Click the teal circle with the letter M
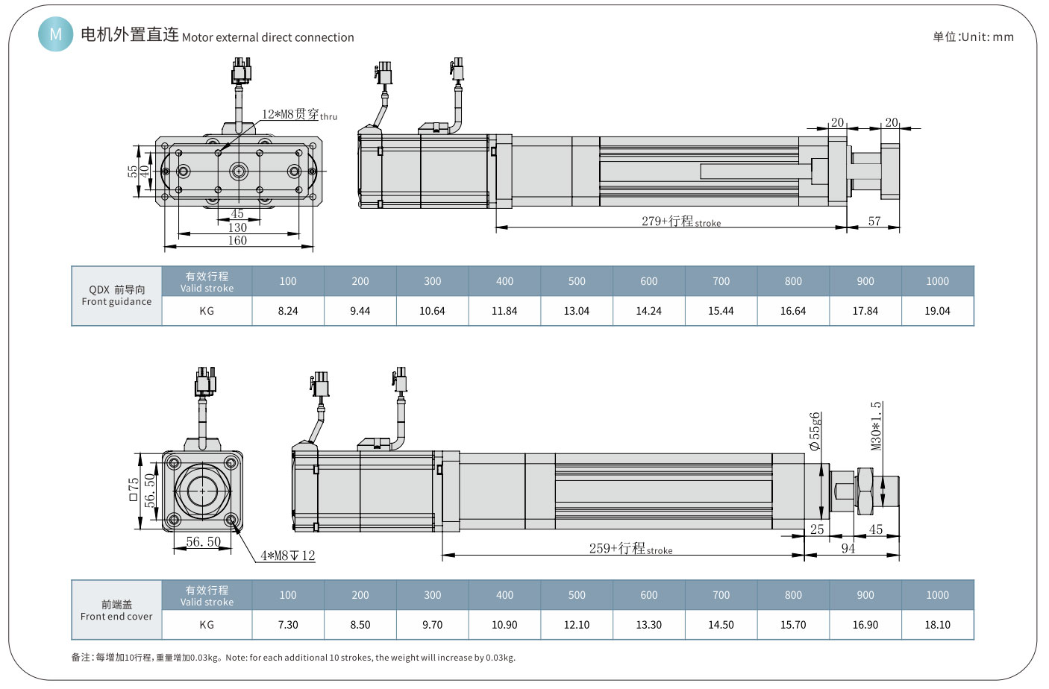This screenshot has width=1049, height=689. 55,34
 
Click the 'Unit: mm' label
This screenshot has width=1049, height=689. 973,37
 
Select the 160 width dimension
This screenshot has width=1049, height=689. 237,240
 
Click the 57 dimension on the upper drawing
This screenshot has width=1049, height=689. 874,221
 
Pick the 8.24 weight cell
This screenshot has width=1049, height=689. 288,311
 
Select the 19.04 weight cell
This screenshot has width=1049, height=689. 937,311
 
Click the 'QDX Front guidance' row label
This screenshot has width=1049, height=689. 116,296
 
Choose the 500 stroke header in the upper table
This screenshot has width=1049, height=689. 577,281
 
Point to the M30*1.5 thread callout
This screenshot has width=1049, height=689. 877,426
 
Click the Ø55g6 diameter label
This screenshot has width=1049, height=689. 815,431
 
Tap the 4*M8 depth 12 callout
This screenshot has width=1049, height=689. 287,556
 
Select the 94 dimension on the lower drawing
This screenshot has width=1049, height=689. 848,549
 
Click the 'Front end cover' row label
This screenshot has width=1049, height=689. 116,610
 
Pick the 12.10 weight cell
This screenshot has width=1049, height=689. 577,625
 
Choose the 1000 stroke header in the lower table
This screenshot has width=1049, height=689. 937,595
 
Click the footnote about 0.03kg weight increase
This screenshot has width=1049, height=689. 293,658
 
